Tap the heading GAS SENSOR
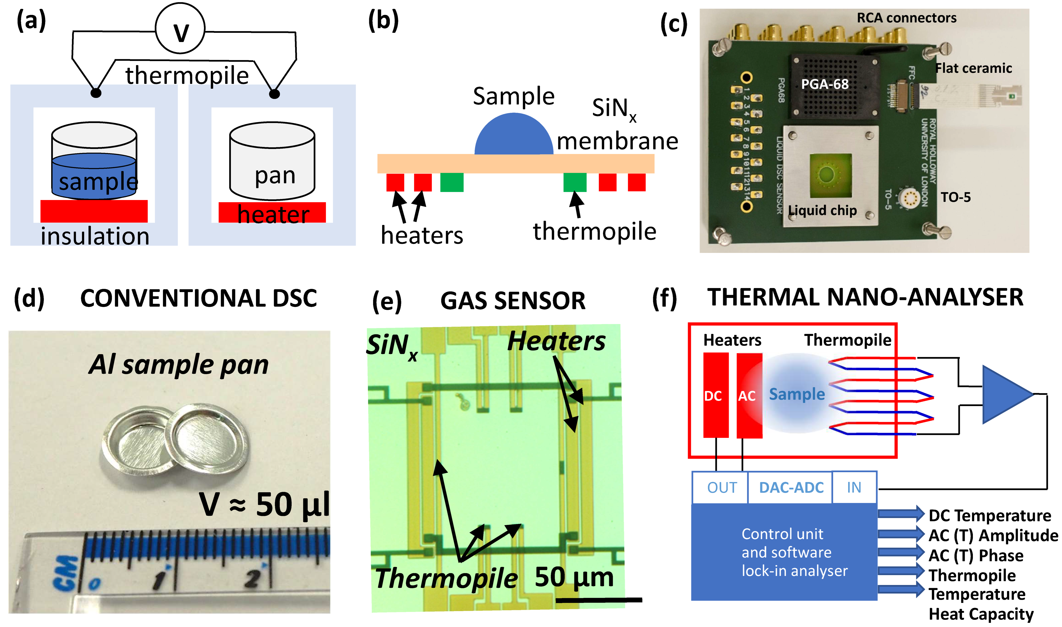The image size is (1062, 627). [513, 301]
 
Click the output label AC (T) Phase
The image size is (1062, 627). [975, 555]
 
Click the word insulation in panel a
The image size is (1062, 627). [95, 236]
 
